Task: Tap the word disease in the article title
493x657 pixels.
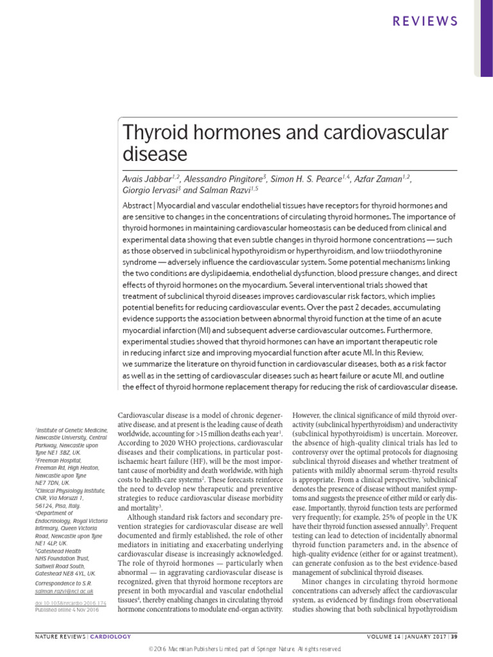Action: coord(154,155)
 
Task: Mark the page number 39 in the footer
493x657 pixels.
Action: coord(454,636)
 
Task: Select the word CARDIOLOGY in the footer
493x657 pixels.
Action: coord(110,636)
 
